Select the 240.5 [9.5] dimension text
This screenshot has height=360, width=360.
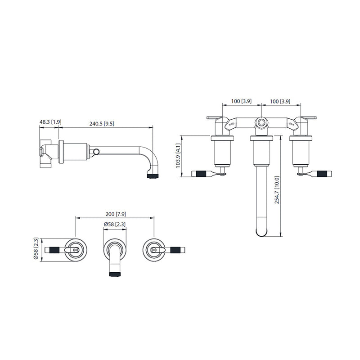[102, 123]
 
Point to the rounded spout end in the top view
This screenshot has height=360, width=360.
[261, 231]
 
